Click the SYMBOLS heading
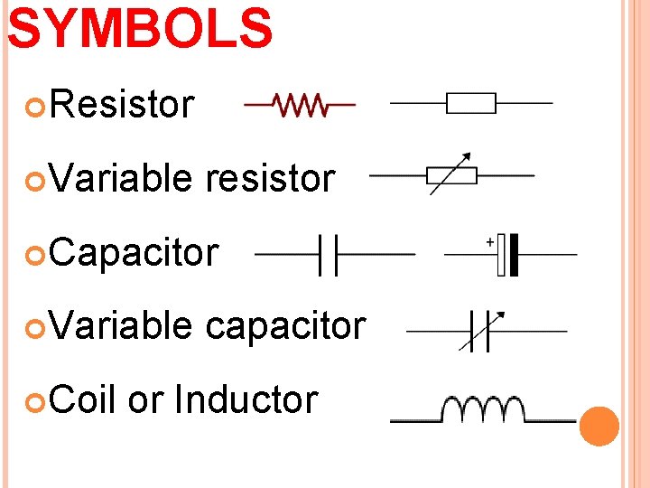140,29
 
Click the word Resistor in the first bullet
123,105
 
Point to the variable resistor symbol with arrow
451,174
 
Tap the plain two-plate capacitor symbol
330,254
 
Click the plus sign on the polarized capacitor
489,241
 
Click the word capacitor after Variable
285,326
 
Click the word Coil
85,399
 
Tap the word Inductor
246,399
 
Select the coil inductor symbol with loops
482,410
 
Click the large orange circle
599,426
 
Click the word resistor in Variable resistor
270,179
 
